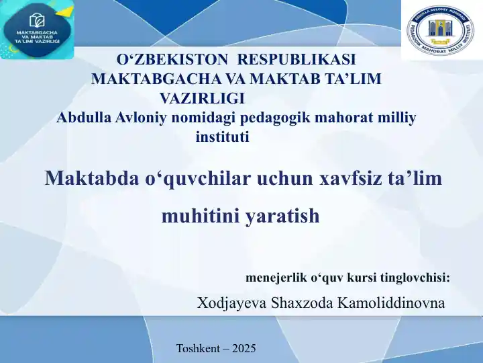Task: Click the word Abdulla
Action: [x=80, y=118]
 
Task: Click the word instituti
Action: [x=222, y=138]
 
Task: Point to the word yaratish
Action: [x=282, y=217]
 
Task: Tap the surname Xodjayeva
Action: [x=231, y=303]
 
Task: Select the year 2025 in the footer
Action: [x=244, y=348]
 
